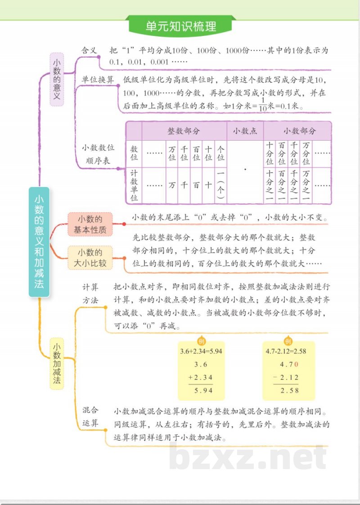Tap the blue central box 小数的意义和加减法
coord(39,241)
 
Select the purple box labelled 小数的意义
coord(57,79)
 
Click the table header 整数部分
coord(184,131)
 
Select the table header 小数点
coord(245,131)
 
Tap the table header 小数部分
coord(299,131)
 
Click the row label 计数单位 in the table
coord(134,185)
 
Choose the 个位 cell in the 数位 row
coord(220,153)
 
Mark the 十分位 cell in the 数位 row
coord(270,153)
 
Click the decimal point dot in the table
coord(245,170)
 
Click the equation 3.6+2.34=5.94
coord(201,351)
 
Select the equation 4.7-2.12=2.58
coord(286,351)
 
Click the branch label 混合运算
coord(90,417)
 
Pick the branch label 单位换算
coord(98,79)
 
